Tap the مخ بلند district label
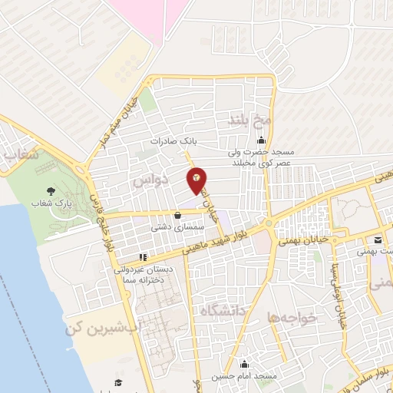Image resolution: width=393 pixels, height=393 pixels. click(251, 120)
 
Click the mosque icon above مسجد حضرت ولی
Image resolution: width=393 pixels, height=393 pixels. click(263, 140)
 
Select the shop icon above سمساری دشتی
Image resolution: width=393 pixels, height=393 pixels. click(178, 216)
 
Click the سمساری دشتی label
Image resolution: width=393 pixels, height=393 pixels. click(177, 228)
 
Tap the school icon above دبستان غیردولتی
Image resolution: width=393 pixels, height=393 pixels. click(142, 257)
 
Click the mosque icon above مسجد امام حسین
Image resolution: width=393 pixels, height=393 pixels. click(245, 363)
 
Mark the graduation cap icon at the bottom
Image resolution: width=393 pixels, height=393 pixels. click(118, 382)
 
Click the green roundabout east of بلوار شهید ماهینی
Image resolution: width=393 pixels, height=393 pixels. click(271, 223)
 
